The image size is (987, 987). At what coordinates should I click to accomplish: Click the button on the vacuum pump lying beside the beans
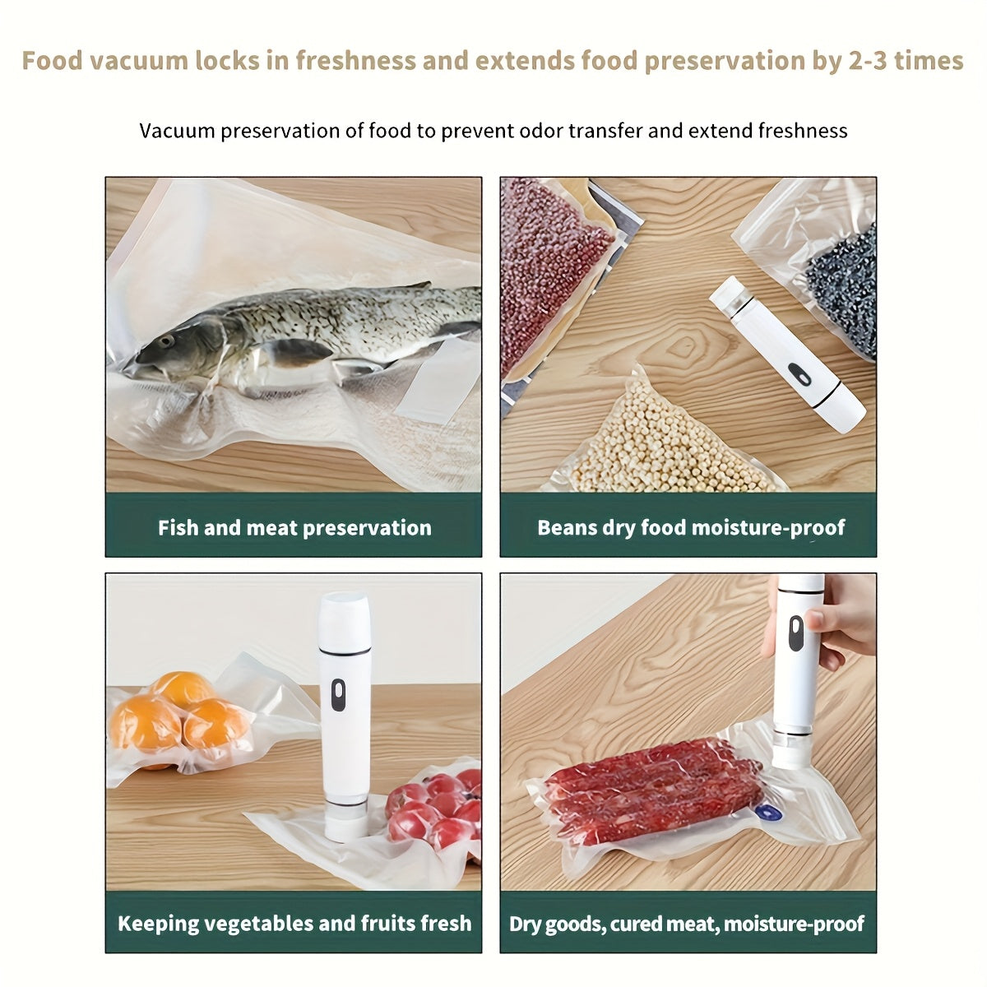[799, 374]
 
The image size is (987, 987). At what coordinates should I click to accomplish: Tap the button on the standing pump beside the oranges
[338, 695]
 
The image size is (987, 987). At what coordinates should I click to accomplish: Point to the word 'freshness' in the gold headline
[356, 60]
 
